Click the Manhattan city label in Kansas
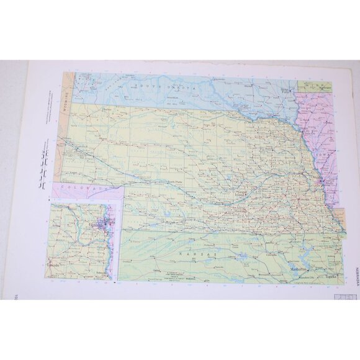[x=300, y=268]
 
